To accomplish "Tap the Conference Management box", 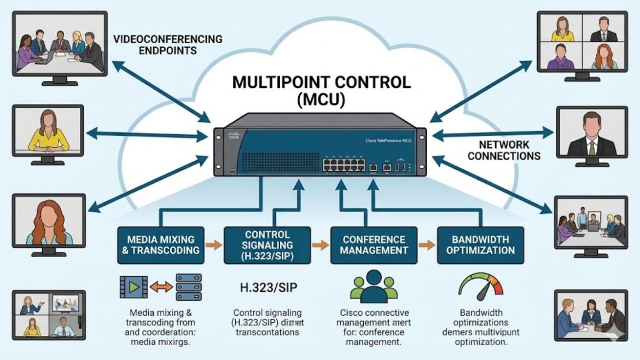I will [x=375, y=245].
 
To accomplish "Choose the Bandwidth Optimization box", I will [x=481, y=245].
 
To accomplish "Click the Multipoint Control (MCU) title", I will [x=321, y=91].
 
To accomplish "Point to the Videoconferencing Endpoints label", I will [x=168, y=44].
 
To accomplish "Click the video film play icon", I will [x=133, y=286].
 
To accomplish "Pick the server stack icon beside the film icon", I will [x=188, y=286].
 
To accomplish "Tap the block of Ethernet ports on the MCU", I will [x=343, y=162].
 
